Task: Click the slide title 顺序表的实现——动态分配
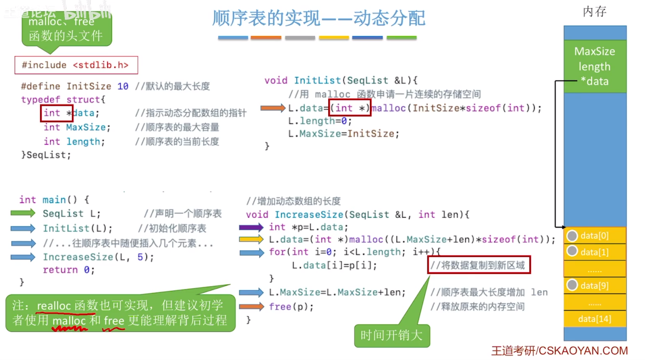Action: pyautogui.click(x=319, y=18)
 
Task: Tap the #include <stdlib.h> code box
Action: pyautogui.click(x=76, y=65)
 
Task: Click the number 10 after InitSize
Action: pyautogui.click(x=123, y=86)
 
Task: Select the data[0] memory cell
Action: pyautogui.click(x=594, y=236)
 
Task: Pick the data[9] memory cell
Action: pyautogui.click(x=594, y=286)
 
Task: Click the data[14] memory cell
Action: pyautogui.click(x=594, y=319)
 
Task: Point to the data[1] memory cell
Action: pyautogui.click(x=594, y=252)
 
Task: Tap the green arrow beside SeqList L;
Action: pyautogui.click(x=23, y=213)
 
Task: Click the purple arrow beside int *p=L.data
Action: pyautogui.click(x=251, y=228)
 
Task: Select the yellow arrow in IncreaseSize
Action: pyautogui.click(x=251, y=239)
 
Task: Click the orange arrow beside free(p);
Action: pyautogui.click(x=251, y=306)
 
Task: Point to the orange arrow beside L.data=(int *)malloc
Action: pyautogui.click(x=273, y=108)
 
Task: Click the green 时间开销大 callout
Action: pyautogui.click(x=392, y=335)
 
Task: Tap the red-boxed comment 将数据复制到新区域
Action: pyautogui.click(x=479, y=265)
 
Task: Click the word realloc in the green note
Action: pyautogui.click(x=54, y=306)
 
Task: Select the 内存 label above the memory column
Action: pyautogui.click(x=594, y=11)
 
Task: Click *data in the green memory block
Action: pyautogui.click(x=595, y=81)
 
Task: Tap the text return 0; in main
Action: pyautogui.click(x=68, y=270)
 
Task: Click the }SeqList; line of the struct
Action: pyautogui.click(x=46, y=155)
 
